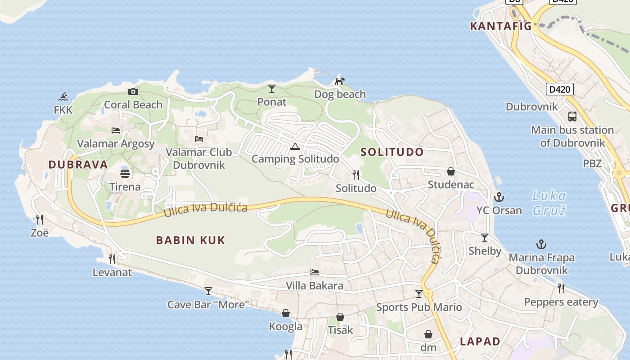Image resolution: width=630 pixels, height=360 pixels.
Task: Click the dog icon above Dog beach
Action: (x=340, y=81)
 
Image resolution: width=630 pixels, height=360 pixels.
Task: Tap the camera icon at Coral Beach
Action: (x=133, y=92)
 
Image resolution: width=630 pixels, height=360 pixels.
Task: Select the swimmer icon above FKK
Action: (x=63, y=97)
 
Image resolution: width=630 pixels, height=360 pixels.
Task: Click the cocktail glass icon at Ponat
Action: (x=271, y=88)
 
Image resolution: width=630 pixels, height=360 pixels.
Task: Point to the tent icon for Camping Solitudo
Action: (x=295, y=146)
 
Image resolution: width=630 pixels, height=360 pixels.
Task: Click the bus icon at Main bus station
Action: (x=572, y=117)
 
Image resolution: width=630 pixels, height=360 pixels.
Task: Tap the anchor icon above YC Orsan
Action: (x=499, y=197)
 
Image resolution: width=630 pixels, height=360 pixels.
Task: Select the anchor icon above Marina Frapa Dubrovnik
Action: (x=541, y=245)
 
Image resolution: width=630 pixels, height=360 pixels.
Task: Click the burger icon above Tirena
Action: (x=125, y=173)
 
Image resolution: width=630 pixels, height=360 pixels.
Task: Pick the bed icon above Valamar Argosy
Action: (x=116, y=130)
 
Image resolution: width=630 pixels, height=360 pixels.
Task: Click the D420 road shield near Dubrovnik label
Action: (x=560, y=89)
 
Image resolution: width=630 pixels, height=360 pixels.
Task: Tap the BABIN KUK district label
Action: (x=190, y=240)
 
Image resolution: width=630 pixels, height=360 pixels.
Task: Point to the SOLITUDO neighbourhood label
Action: (x=392, y=152)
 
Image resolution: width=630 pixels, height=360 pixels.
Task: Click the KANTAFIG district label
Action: (x=501, y=26)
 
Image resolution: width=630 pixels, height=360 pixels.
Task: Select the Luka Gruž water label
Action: (x=549, y=203)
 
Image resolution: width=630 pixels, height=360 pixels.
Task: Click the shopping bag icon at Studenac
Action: (x=450, y=171)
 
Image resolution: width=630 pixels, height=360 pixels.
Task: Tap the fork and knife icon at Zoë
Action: (x=40, y=220)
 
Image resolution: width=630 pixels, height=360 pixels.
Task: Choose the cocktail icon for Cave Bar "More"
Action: (x=208, y=291)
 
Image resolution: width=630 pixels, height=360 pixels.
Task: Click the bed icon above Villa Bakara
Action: (x=315, y=272)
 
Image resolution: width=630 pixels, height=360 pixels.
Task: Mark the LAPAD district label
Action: (x=480, y=341)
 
